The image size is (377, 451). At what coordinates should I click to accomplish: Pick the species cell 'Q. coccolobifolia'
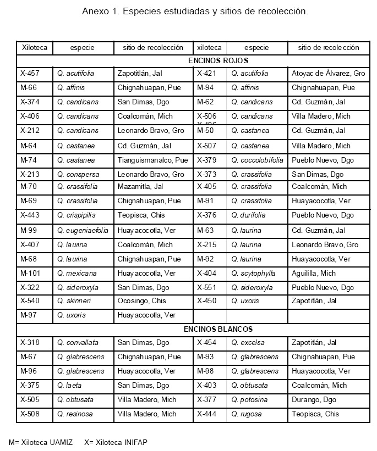[257, 160]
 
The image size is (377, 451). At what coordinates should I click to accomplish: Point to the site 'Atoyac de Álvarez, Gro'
[328, 73]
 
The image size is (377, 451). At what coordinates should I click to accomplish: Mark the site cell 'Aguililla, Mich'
[314, 273]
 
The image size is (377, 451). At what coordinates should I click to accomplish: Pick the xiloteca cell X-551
[207, 287]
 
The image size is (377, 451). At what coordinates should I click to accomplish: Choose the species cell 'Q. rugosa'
[247, 414]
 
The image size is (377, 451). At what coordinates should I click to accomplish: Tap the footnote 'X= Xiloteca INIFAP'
[116, 442]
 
